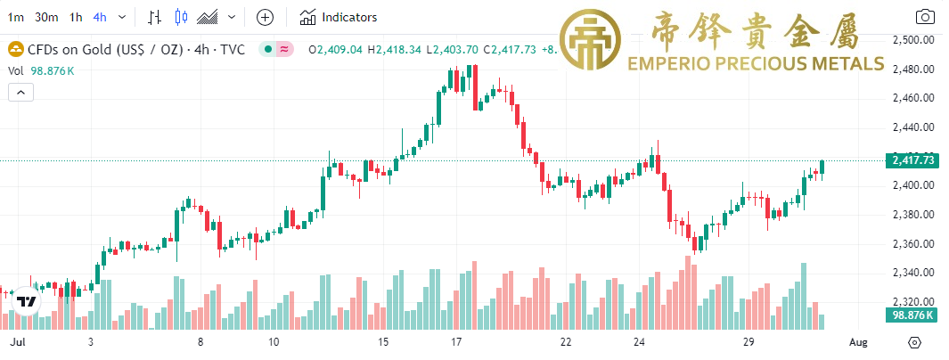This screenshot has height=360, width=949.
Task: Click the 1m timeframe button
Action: click(x=16, y=17)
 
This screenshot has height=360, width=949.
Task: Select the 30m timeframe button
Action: click(x=47, y=17)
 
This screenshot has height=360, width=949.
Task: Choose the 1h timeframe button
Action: click(x=76, y=17)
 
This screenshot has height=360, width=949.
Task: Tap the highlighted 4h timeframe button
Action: click(x=100, y=17)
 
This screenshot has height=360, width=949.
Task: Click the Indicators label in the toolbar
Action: click(x=348, y=17)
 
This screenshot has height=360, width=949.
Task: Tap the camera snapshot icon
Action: click(x=925, y=17)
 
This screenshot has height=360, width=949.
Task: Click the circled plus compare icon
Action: click(x=265, y=17)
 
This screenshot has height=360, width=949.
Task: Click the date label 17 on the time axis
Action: click(x=455, y=342)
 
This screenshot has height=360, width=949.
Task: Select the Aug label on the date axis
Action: click(x=857, y=342)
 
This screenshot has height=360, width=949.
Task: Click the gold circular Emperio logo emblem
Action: click(x=599, y=41)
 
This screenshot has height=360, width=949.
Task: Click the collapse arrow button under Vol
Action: click(x=20, y=92)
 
